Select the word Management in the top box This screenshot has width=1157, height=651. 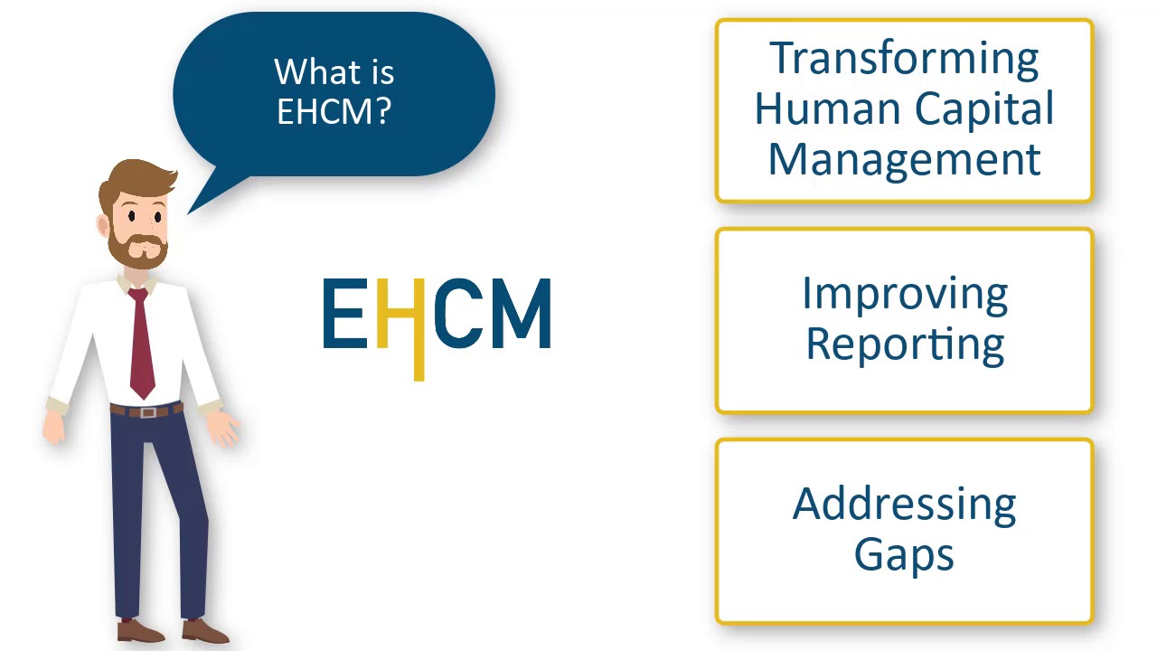coord(904,159)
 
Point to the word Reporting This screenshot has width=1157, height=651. coord(904,344)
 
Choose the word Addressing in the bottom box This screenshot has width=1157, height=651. coord(904,505)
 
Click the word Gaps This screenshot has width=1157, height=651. coord(904,554)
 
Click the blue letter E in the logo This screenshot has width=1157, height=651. coord(343,314)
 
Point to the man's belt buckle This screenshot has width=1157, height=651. coord(147,411)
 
